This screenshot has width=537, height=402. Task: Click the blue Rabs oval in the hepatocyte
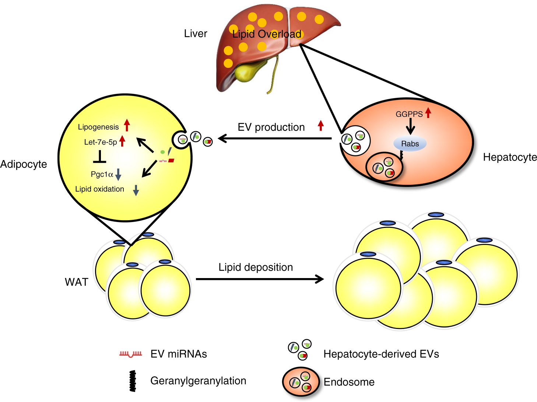point(410,144)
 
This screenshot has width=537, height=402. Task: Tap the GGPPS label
point(409,114)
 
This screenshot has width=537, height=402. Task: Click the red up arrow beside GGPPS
point(428,112)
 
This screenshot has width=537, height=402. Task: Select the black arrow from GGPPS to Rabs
point(410,128)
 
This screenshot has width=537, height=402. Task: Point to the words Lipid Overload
point(267,34)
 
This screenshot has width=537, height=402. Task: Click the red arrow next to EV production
point(321,125)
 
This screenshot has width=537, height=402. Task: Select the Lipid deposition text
point(256,267)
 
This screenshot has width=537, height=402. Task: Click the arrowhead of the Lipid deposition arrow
point(320,279)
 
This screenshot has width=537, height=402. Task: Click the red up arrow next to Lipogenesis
point(127,125)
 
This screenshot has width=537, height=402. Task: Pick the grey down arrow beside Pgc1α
point(118,174)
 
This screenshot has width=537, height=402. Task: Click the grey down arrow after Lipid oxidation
point(136,190)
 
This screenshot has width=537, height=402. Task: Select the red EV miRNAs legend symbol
point(130,354)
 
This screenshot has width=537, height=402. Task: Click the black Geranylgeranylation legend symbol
point(133,381)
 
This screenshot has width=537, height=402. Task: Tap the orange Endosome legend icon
point(301,382)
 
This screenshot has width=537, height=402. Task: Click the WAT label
point(77,282)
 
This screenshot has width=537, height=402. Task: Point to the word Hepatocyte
point(510,157)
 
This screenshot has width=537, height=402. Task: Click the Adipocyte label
point(24,164)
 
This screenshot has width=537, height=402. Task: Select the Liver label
point(196,34)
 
